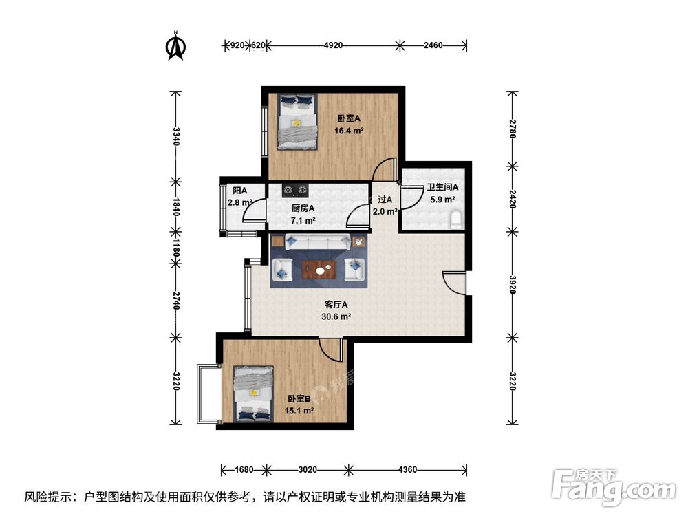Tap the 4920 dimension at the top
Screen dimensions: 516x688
point(333,45)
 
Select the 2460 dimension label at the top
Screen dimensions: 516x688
point(433,45)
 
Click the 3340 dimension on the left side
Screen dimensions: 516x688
point(176,136)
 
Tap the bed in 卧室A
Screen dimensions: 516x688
point(297,122)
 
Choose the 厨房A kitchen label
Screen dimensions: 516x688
point(303,208)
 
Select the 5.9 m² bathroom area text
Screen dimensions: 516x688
point(442,200)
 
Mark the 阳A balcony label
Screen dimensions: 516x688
point(239,191)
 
